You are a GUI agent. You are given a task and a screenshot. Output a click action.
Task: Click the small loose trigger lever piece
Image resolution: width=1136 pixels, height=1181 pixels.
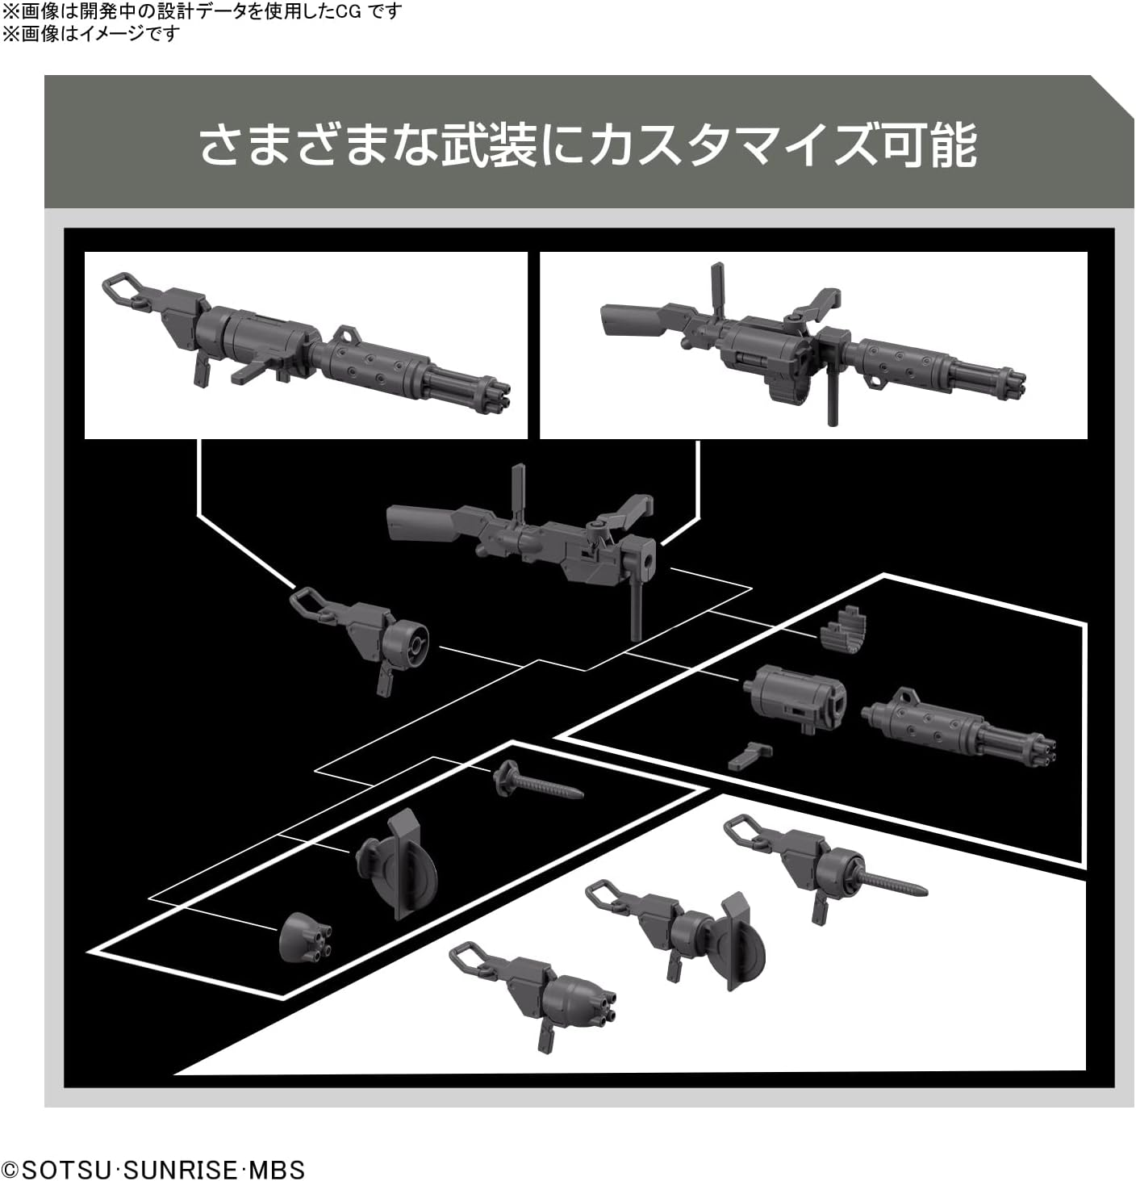750,756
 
